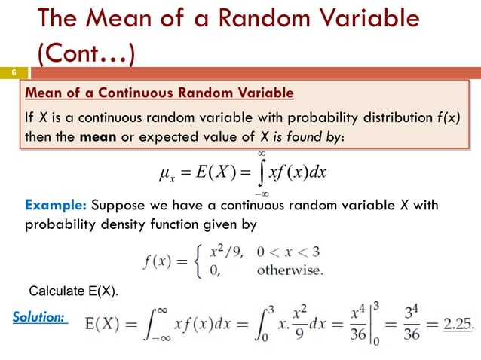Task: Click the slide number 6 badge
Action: click(x=13, y=72)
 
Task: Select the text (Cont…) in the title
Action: click(x=85, y=53)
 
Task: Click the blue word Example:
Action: click(x=56, y=206)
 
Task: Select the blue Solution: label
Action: click(x=38, y=318)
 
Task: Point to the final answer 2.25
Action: click(x=455, y=324)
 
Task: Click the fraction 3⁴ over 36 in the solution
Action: click(x=414, y=324)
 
